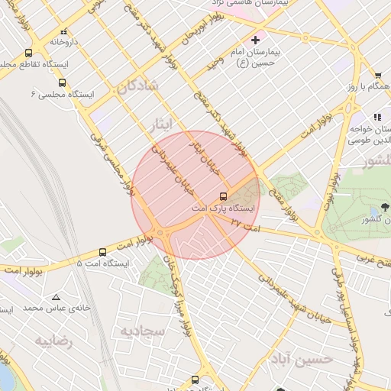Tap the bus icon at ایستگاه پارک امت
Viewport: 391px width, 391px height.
(223, 195)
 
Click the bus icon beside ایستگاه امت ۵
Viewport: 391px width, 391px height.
(102, 251)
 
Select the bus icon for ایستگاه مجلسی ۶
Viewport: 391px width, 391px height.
(62, 82)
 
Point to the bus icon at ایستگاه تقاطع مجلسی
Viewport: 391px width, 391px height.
(28, 53)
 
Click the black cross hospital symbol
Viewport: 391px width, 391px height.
(255, 39)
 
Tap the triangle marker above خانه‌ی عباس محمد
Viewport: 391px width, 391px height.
(56, 296)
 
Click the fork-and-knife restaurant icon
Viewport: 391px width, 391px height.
(376, 117)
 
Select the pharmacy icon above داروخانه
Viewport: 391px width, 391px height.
(63, 32)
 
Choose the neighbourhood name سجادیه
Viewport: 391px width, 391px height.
(142, 330)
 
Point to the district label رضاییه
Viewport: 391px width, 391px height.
(53, 341)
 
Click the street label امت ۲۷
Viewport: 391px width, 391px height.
(244, 224)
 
